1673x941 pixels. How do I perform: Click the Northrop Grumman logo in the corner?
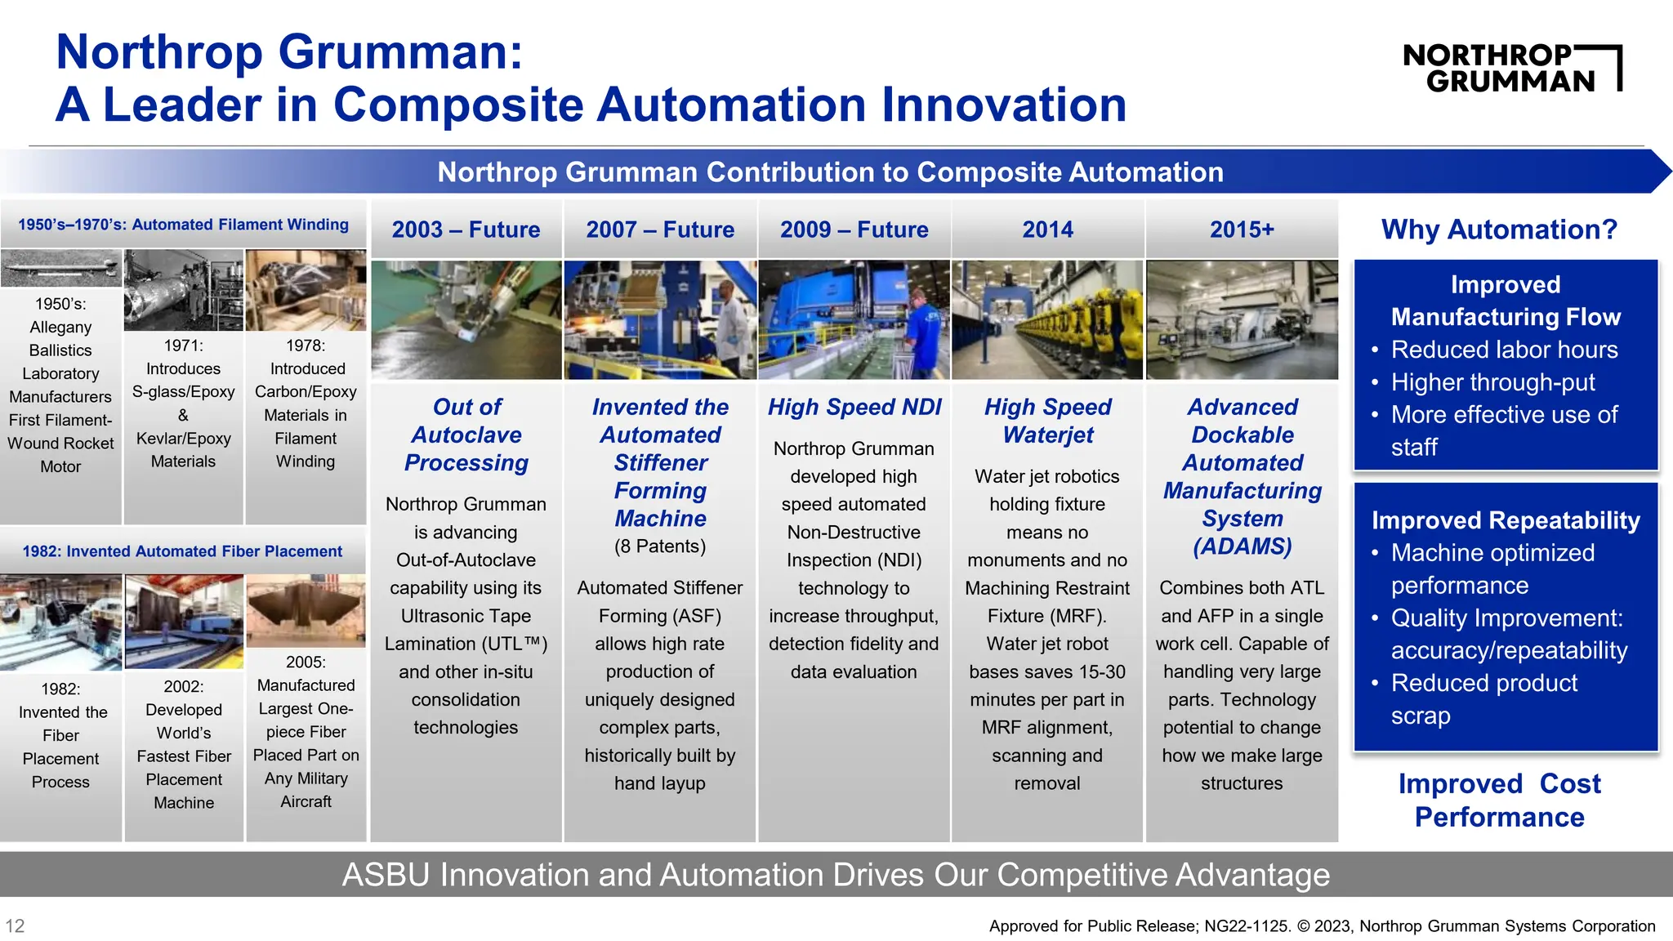point(1511,68)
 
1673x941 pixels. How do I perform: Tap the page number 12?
point(15,925)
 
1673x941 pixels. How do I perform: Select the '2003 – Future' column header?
point(466,230)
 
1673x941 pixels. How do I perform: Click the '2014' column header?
point(1047,230)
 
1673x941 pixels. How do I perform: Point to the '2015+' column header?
point(1242,230)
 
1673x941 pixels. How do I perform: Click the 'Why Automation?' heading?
point(1499,230)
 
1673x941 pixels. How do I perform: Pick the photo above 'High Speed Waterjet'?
point(1047,319)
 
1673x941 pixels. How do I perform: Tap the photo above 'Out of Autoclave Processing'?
point(466,319)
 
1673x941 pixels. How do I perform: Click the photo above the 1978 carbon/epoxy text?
point(306,290)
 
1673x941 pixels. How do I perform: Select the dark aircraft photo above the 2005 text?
point(306,610)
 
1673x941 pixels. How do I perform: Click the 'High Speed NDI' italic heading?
point(854,407)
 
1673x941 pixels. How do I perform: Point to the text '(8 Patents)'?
point(660,546)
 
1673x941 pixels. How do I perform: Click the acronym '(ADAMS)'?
point(1242,546)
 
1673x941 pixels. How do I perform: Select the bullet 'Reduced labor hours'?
point(1504,350)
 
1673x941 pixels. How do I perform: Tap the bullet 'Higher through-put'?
point(1492,382)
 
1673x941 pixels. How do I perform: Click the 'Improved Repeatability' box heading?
point(1506,520)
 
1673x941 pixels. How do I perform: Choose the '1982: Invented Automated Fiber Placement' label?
point(182,551)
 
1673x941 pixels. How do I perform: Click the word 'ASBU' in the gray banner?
point(385,875)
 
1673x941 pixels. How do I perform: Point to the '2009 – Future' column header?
point(854,230)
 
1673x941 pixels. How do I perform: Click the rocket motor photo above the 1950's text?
point(60,268)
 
